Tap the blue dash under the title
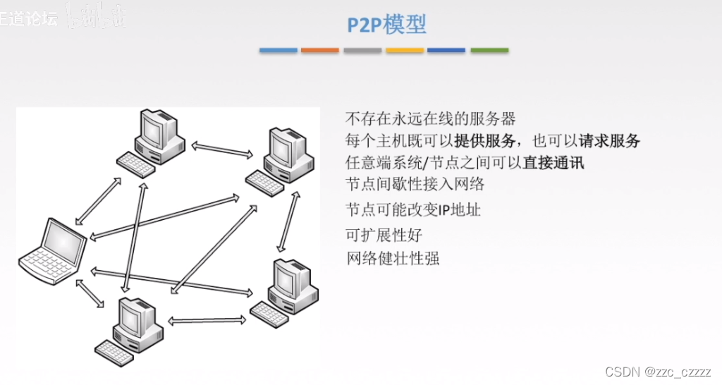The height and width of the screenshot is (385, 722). pyautogui.click(x=278, y=51)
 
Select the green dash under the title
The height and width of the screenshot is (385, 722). pyautogui.click(x=489, y=51)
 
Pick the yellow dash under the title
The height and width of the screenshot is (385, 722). pyautogui.click(x=405, y=51)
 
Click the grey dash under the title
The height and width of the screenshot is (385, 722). pyautogui.click(x=362, y=51)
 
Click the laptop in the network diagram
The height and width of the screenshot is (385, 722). pyautogui.click(x=54, y=251)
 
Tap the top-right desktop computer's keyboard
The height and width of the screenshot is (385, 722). pyautogui.click(x=264, y=182)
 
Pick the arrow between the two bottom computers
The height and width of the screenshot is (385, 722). pyautogui.click(x=207, y=319)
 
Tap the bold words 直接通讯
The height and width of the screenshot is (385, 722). pyautogui.click(x=553, y=162)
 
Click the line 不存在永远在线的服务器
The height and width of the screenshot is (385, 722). pyautogui.click(x=431, y=118)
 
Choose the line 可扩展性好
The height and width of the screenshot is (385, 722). pyautogui.click(x=384, y=234)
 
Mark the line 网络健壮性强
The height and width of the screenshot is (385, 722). pyautogui.click(x=392, y=258)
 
